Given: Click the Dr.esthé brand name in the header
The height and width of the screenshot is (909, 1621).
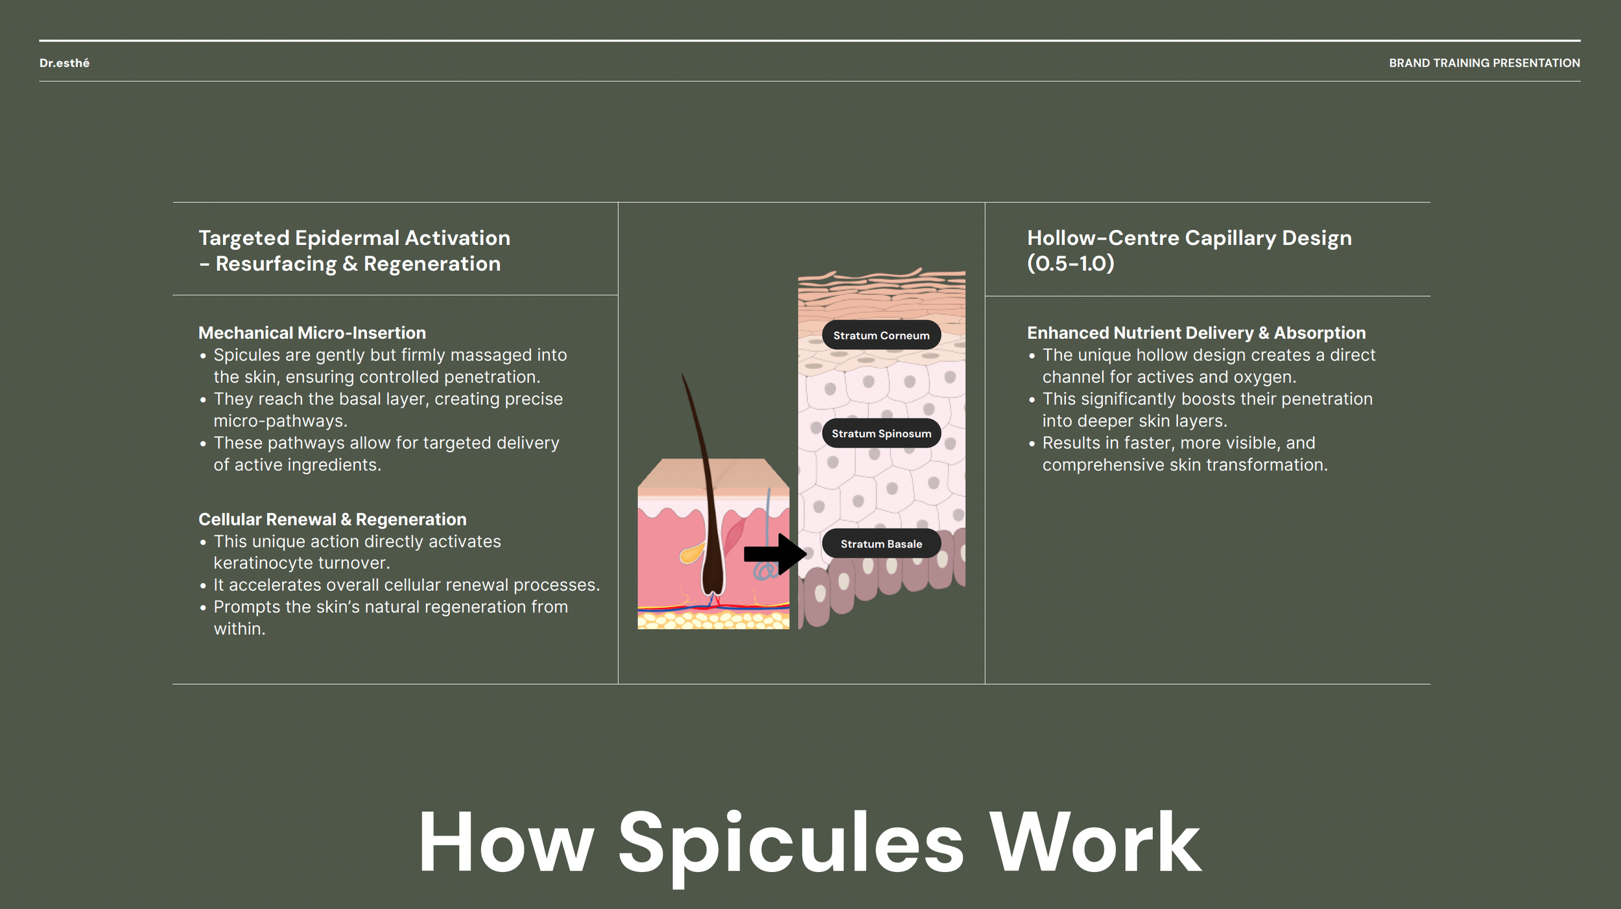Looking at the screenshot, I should [64, 63].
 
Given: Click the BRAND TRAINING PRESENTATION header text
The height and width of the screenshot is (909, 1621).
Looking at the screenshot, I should [1484, 63].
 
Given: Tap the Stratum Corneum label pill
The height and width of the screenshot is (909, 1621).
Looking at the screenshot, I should [881, 335].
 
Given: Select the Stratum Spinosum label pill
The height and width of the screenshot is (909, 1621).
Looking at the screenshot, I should [881, 433].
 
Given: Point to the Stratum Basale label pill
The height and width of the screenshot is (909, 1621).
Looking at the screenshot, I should [881, 544].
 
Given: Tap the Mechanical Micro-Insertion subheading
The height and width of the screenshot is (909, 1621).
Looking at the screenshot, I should [312, 332].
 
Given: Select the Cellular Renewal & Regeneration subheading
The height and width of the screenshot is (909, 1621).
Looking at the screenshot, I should [332, 519].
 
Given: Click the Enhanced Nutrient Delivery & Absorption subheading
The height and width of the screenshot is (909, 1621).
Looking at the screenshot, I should [1196, 332].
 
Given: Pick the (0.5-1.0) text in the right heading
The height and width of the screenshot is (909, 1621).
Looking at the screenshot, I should [1071, 264].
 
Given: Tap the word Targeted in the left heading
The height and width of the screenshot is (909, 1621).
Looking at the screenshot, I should [244, 238].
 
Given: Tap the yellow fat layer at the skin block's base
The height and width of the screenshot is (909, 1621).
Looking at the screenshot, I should [713, 621].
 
